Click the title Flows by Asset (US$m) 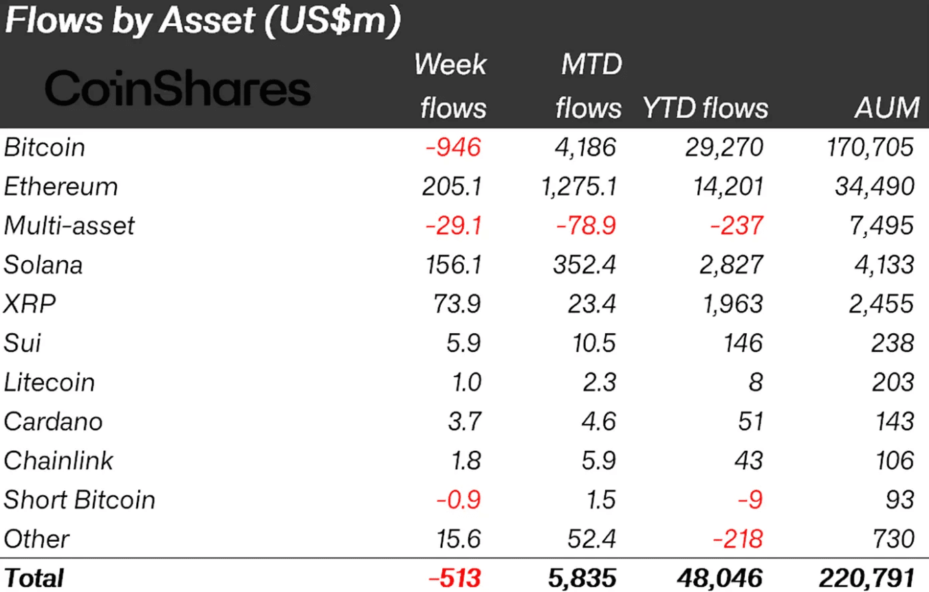[x=202, y=21]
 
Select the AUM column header [x=886, y=107]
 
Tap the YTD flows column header [x=705, y=107]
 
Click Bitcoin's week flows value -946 [x=453, y=147]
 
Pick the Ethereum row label [x=61, y=187]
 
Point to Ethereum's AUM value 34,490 [x=871, y=187]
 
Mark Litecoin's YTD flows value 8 [x=756, y=382]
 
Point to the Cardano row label [x=54, y=421]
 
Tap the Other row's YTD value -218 [x=736, y=539]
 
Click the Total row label [x=34, y=578]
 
